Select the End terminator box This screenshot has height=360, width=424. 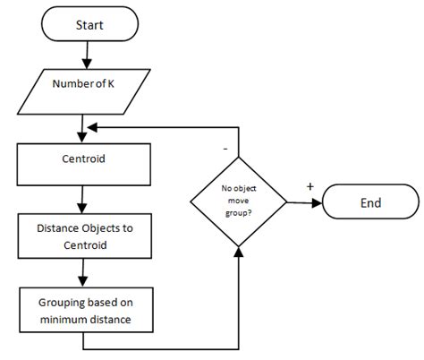pyautogui.click(x=369, y=203)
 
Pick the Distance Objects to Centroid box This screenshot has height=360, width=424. pyautogui.click(x=82, y=235)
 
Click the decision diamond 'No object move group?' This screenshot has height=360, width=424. pyautogui.click(x=240, y=203)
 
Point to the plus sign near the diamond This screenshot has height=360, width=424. pyautogui.click(x=310, y=186)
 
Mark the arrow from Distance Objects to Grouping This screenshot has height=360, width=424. pyautogui.click(x=82, y=269)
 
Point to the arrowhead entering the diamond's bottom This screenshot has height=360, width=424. pyautogui.click(x=240, y=253)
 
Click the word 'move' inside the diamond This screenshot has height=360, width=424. pyautogui.click(x=240, y=203)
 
